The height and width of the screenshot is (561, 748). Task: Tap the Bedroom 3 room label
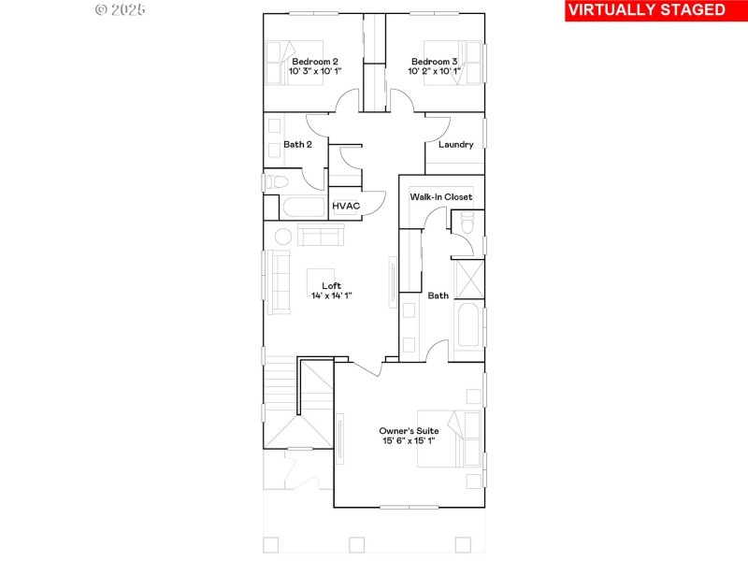point(434,62)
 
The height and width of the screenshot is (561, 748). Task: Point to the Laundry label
point(454,145)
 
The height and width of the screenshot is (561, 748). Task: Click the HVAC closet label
point(347,206)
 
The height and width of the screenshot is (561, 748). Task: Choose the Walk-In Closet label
point(440,197)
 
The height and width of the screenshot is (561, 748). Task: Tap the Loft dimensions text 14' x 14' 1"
point(331,295)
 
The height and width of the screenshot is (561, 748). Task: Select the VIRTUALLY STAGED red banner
point(646,10)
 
